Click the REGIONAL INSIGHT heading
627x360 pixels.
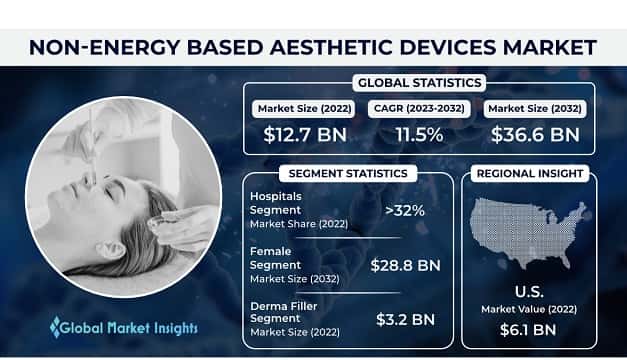pyautogui.click(x=531, y=173)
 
